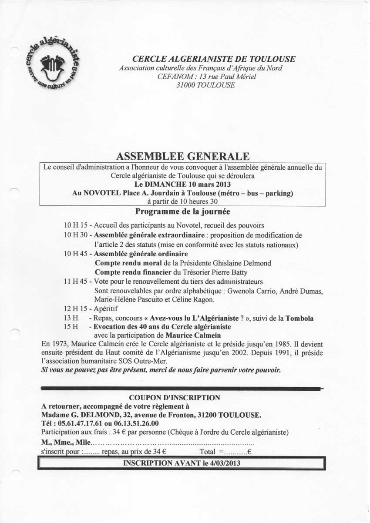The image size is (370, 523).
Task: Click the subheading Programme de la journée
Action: click(x=183, y=212)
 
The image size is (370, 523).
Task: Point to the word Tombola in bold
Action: click(x=299, y=318)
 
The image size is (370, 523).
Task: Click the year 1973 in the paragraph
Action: click(x=58, y=344)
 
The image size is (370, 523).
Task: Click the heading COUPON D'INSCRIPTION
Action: click(x=175, y=398)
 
